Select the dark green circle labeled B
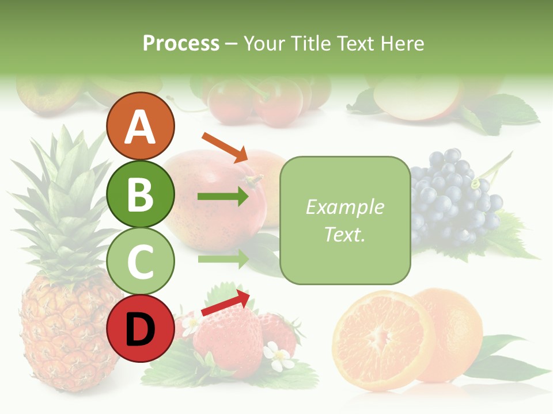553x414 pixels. tap(141, 194)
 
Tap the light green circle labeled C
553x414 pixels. tap(141, 261)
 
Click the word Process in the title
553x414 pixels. tap(181, 44)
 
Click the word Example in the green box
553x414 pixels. tap(344, 207)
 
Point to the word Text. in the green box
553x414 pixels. tap(344, 234)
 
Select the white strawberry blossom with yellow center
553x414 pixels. tap(279, 356)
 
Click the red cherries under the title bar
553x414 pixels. tap(253, 101)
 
